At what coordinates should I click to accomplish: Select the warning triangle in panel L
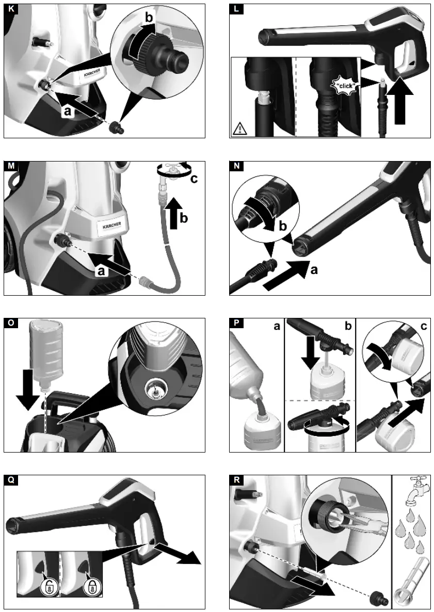(239, 128)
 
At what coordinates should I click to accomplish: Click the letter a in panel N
(313, 269)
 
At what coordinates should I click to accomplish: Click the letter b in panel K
(149, 16)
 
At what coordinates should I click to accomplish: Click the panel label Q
(9, 480)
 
